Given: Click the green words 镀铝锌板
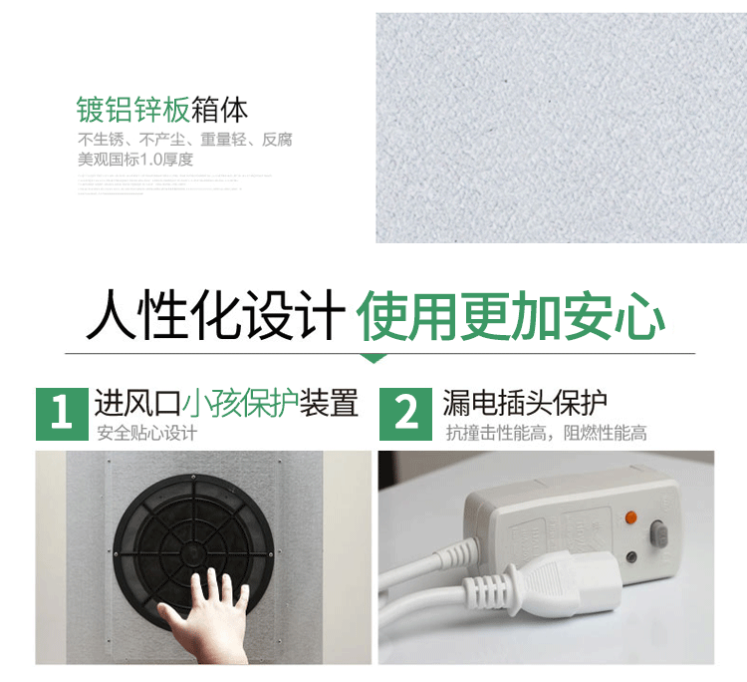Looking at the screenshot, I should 132,109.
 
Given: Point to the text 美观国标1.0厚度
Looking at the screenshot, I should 135,159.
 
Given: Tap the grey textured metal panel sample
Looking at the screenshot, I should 561,128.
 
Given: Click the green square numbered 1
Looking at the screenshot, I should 62,413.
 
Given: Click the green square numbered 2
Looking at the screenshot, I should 406,413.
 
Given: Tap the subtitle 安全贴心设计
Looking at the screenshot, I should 146,433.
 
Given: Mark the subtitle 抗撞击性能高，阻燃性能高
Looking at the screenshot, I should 546,433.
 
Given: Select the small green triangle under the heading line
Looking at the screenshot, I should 373,358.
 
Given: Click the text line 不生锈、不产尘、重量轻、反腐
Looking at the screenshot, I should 185,140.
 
